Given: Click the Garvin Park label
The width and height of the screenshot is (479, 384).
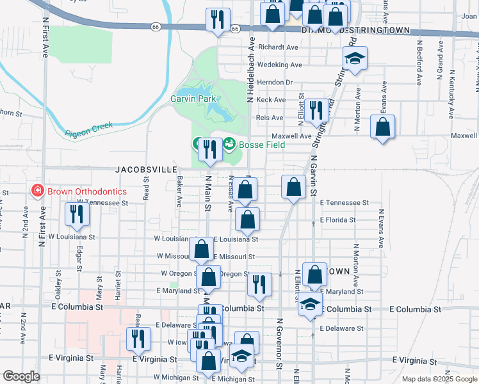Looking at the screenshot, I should click(193, 99).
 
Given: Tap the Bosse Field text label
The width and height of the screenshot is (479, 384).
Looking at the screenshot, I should click(261, 145).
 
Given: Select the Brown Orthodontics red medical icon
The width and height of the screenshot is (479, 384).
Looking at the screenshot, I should click(37, 191).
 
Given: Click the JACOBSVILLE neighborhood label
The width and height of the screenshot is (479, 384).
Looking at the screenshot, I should click(147, 170).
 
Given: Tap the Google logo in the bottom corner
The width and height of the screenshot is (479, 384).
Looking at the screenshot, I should click(21, 376).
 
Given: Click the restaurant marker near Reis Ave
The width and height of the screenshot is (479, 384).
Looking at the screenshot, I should click(314, 111).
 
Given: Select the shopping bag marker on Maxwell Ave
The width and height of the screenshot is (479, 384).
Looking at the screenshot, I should click(382, 126).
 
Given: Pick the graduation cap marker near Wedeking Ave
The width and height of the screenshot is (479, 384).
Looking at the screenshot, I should click(354, 59).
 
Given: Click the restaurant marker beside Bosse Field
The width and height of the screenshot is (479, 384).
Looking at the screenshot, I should click(209, 149).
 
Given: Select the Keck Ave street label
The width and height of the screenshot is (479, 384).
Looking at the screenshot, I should click(271, 100).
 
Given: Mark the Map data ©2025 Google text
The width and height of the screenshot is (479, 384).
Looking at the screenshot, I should click(439, 379).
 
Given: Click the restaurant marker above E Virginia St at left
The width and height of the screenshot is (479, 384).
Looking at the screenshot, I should click(137, 337).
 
